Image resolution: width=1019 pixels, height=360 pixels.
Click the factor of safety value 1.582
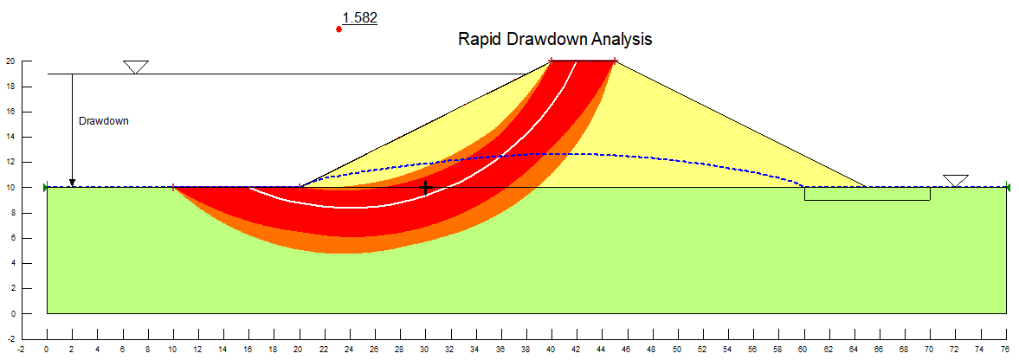click(359, 18)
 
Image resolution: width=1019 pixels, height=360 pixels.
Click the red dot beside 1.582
click(339, 29)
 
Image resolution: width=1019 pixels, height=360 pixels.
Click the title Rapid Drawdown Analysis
click(555, 39)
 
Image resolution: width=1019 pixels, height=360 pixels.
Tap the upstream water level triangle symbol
click(136, 67)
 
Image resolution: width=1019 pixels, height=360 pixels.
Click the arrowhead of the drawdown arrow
click(72, 183)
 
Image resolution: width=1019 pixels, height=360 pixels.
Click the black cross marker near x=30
click(426, 188)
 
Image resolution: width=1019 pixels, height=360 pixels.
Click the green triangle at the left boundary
click(46, 188)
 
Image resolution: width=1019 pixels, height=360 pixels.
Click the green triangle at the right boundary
click(1007, 188)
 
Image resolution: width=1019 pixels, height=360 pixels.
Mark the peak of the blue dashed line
click(564, 153)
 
